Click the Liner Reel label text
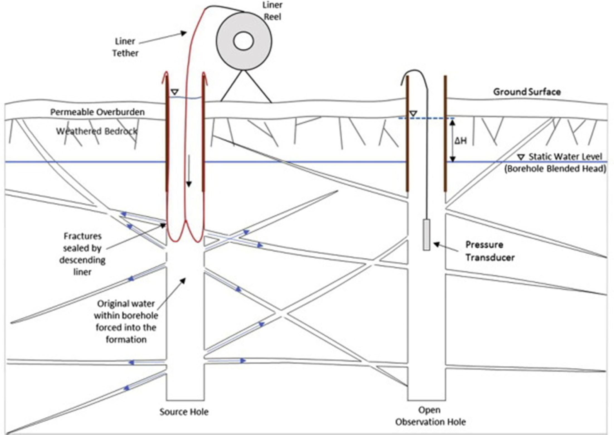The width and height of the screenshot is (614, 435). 272,11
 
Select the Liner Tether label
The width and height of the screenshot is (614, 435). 125,47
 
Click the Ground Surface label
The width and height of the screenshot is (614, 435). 527,92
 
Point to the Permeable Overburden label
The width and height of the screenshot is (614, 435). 97,112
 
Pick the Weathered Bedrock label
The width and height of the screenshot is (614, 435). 97,131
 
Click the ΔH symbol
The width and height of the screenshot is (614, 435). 461,141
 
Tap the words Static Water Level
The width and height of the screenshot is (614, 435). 565,157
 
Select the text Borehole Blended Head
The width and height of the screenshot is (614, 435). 555,169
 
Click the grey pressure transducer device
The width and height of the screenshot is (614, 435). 426,234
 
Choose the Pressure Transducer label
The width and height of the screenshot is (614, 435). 490,251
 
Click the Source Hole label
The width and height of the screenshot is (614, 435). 184,412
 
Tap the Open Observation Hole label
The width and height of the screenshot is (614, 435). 430,416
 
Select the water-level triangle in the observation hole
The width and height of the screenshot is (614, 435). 413,113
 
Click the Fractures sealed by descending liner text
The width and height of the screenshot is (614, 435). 82,254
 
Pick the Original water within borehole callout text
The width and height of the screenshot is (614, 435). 126,322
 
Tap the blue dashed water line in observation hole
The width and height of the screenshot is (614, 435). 426,118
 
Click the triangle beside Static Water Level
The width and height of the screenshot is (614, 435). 521,157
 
